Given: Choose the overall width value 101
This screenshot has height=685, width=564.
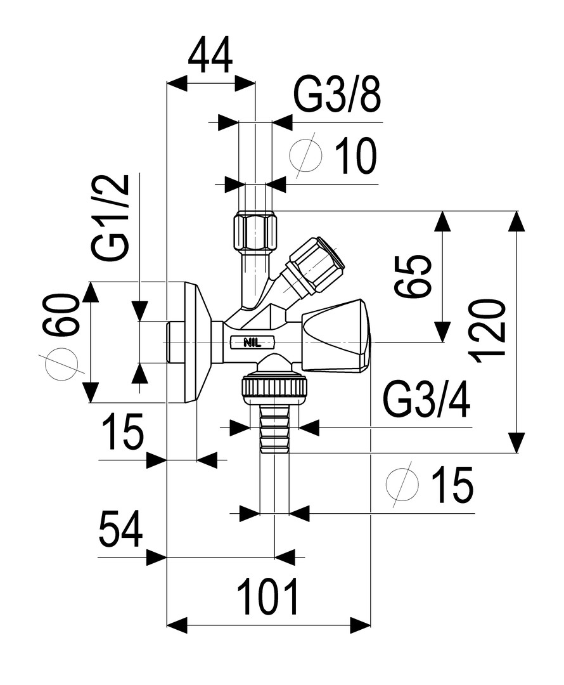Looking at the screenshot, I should [x=267, y=597].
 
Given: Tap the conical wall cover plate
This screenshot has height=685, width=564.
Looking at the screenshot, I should [x=197, y=342].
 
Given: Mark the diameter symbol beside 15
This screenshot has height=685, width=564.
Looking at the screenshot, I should [x=402, y=485].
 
